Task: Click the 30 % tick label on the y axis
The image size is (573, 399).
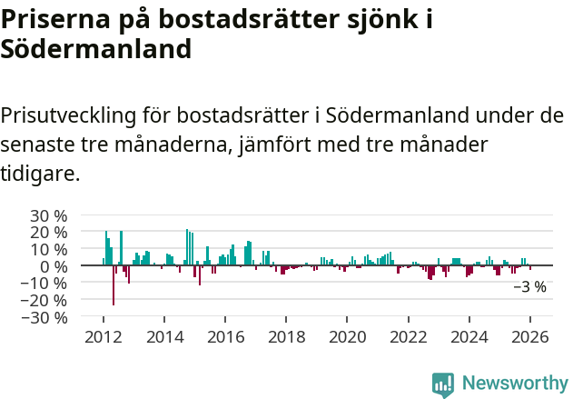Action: pyautogui.click(x=49, y=215)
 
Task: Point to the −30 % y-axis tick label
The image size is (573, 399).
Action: pyautogui.click(x=45, y=317)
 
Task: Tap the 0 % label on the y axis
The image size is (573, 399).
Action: pyautogui.click(x=54, y=266)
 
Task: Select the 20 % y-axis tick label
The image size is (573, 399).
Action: pyautogui.click(x=49, y=233)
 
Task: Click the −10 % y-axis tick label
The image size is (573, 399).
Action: pyautogui.click(x=45, y=283)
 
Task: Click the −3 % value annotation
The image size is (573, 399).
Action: pyautogui.click(x=529, y=287)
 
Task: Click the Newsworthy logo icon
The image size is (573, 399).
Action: pyautogui.click(x=443, y=384)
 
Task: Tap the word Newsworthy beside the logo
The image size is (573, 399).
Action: pyautogui.click(x=514, y=384)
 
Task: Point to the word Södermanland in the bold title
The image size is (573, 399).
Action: pyautogui.click(x=95, y=49)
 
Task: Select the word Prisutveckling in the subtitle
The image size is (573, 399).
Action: pyautogui.click(x=68, y=116)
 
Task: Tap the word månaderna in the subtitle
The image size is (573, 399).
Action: pyautogui.click(x=176, y=145)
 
